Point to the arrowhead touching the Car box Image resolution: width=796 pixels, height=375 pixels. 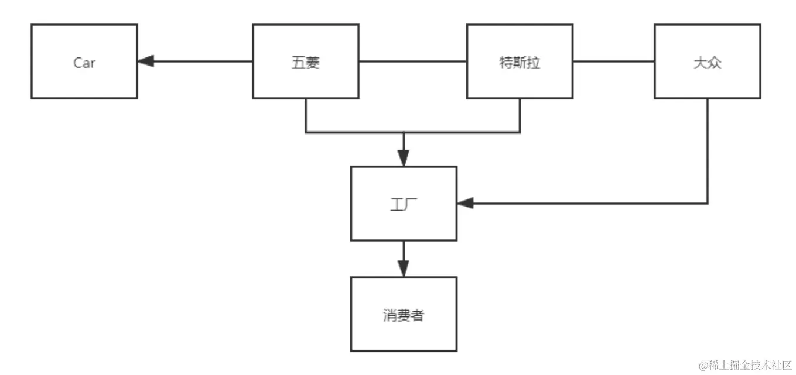pos(145,61)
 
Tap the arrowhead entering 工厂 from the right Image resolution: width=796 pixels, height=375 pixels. pos(465,203)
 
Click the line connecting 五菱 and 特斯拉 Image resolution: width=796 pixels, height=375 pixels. pos(412,61)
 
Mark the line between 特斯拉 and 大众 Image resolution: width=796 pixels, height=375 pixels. pos(613,61)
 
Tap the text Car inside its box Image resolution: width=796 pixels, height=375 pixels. pos(84,63)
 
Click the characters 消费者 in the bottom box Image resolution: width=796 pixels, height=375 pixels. pos(404,316)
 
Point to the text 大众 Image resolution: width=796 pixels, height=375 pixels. pos(707,63)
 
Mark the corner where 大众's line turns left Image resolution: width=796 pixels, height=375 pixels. pos(708,203)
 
